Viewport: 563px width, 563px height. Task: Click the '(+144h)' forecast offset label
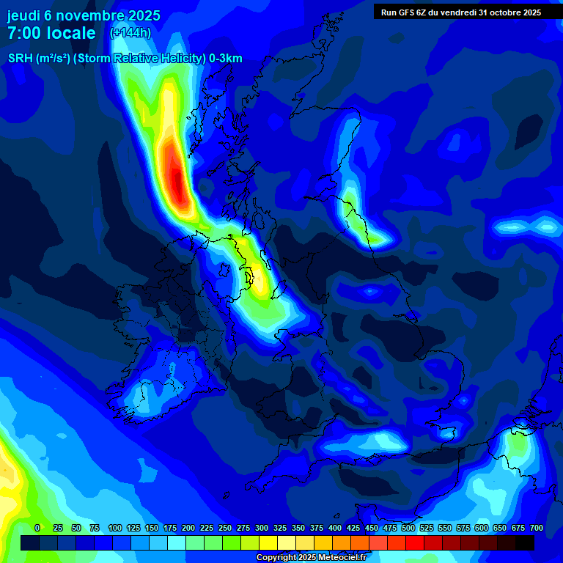click(x=130, y=33)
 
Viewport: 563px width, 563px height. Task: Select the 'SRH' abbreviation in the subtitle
click(x=20, y=59)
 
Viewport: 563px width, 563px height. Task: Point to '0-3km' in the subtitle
click(x=226, y=59)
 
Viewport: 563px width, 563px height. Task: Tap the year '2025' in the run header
click(x=526, y=12)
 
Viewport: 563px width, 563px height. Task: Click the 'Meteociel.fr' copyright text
click(x=339, y=558)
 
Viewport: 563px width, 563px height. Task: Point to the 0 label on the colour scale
click(x=37, y=528)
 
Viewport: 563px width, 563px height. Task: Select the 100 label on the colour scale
click(x=114, y=528)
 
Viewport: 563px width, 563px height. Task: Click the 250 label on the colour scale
click(x=224, y=528)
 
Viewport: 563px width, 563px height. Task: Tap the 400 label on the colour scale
click(x=334, y=528)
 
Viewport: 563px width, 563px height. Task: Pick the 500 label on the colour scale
click(x=408, y=528)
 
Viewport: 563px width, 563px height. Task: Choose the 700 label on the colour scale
click(x=536, y=528)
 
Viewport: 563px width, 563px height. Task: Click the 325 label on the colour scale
click(x=279, y=528)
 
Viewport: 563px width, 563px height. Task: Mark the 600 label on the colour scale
click(x=481, y=528)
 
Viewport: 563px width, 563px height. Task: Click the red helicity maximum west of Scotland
click(x=177, y=176)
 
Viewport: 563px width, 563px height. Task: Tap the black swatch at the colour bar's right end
click(x=525, y=542)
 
